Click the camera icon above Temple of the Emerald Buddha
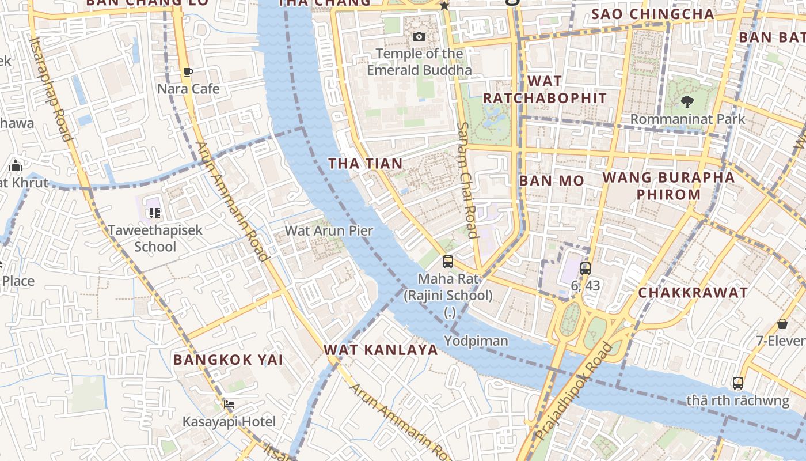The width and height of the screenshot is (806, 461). point(419,37)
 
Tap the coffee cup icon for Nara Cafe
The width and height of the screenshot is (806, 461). point(188,72)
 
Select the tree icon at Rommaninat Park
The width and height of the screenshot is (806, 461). point(687,103)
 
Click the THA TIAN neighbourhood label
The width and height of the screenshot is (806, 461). point(366,164)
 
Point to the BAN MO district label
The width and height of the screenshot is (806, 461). point(552,181)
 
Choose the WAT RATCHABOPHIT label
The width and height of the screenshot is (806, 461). point(545,89)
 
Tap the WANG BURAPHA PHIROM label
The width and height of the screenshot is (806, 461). point(668,186)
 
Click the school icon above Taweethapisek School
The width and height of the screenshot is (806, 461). point(154,213)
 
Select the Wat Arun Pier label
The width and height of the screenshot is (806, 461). point(329,231)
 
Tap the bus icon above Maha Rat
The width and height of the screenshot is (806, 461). point(447,262)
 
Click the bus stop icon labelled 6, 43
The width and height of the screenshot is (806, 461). point(586,268)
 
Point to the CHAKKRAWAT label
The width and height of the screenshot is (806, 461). point(693,293)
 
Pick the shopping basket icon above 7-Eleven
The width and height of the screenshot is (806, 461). point(782,324)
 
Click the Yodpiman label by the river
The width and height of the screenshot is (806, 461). point(476,341)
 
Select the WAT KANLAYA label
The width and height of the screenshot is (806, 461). point(381,350)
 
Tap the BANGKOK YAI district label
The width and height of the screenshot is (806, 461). point(228,360)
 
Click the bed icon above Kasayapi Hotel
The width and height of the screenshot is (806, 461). point(229,404)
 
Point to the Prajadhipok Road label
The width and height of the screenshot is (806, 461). point(572,392)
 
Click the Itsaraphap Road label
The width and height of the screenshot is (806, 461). point(51,89)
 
